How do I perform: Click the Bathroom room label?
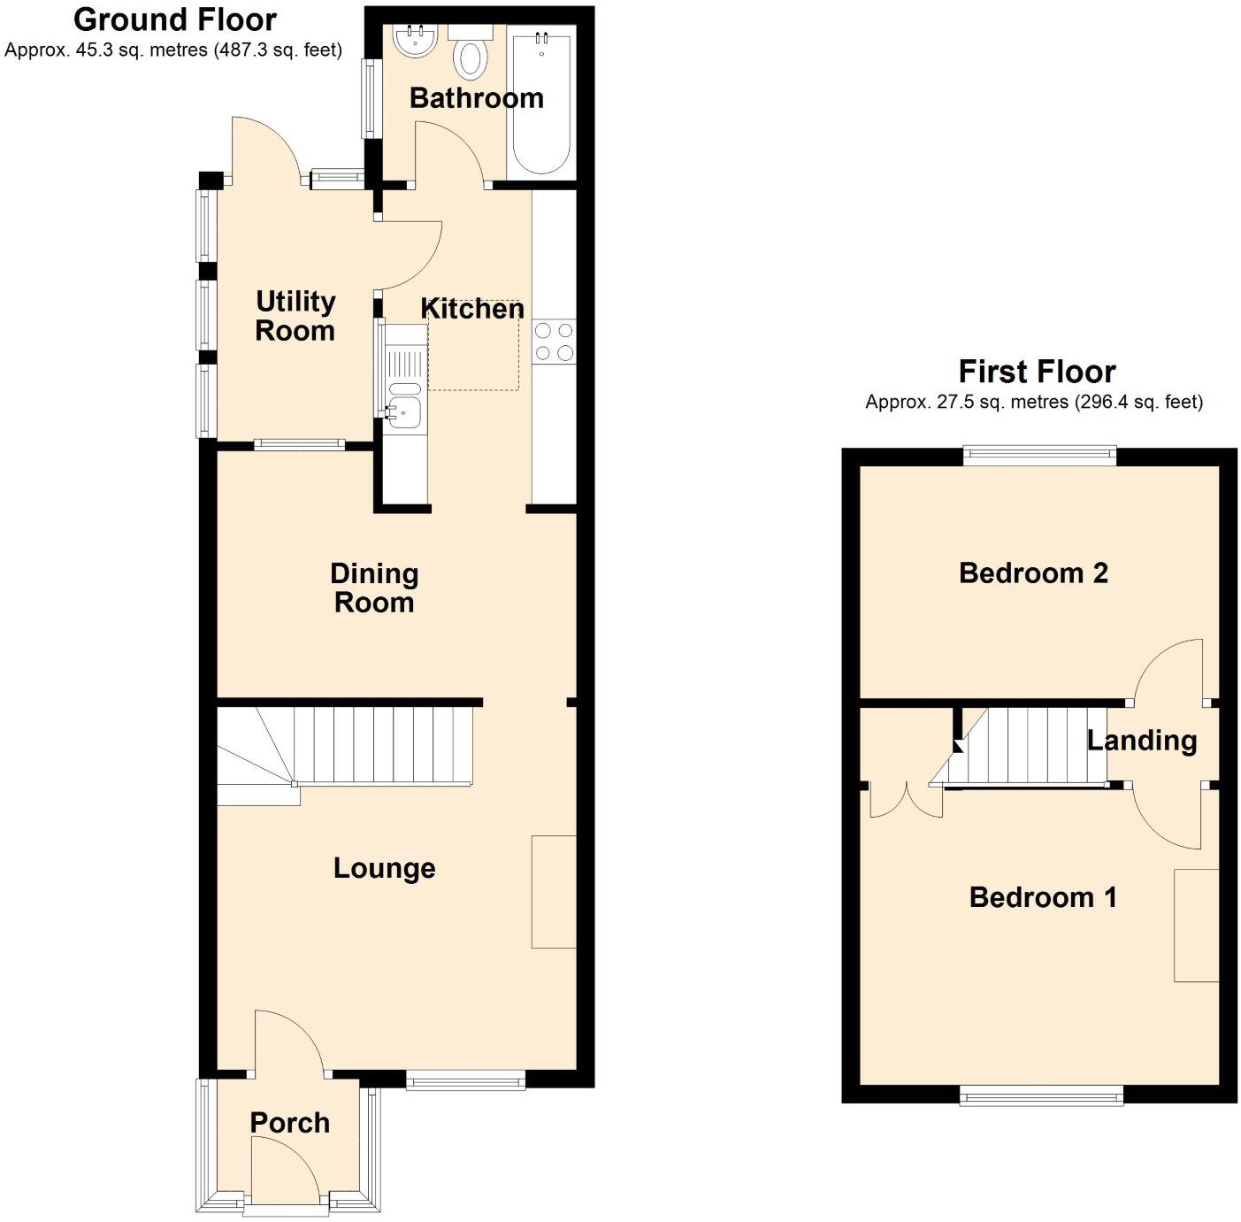(x=476, y=97)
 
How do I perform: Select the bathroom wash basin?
(x=414, y=41)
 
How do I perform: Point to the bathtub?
(x=540, y=102)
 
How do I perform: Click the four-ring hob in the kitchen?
(x=554, y=342)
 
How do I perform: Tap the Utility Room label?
(x=295, y=316)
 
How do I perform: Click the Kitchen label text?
(x=472, y=309)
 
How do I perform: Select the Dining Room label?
(x=374, y=588)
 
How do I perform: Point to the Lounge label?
(x=384, y=868)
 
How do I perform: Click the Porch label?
(x=289, y=1122)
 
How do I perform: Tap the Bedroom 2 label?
(x=1033, y=573)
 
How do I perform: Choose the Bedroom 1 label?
(x=1043, y=897)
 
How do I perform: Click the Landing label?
(x=1141, y=740)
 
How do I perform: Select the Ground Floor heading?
(x=174, y=19)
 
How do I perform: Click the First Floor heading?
(x=1037, y=371)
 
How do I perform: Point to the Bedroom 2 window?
(x=1039, y=456)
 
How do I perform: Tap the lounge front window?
(x=465, y=1080)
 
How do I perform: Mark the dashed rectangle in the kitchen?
(x=473, y=345)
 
